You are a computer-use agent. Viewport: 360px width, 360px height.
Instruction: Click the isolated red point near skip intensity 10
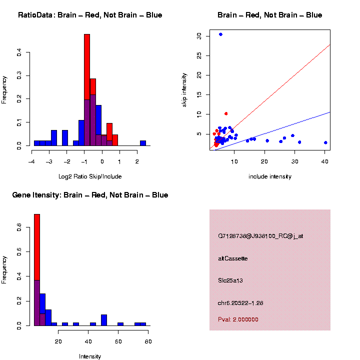(x=226, y=113)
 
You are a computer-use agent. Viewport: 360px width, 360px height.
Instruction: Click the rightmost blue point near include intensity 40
(x=325, y=142)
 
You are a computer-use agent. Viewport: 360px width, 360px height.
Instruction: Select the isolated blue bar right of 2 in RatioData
(x=142, y=142)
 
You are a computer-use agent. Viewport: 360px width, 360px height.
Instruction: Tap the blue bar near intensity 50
(x=104, y=320)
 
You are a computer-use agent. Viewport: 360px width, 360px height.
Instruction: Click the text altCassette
(x=232, y=258)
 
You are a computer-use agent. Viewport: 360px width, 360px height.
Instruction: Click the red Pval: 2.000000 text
(x=238, y=319)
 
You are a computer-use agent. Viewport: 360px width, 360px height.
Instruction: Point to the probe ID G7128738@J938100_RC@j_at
(x=260, y=236)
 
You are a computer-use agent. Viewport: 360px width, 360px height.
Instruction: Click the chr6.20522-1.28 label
(x=240, y=303)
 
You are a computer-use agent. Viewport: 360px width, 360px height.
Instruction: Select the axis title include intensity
(x=269, y=176)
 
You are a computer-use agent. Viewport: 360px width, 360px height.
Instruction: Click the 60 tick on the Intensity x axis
(x=118, y=341)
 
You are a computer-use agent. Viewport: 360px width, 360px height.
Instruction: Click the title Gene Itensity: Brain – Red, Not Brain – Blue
(x=90, y=195)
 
